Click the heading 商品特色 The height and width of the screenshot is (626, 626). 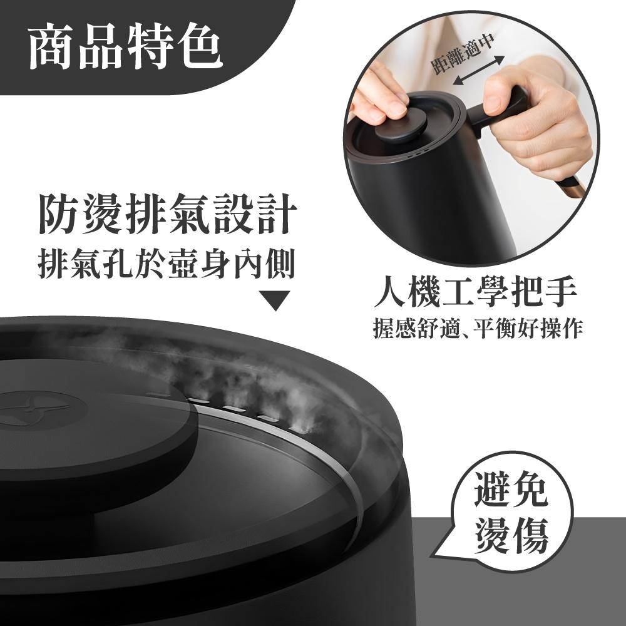[125, 48]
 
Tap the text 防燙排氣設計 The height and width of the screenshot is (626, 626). [166, 215]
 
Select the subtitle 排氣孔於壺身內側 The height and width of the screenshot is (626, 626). [166, 264]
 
